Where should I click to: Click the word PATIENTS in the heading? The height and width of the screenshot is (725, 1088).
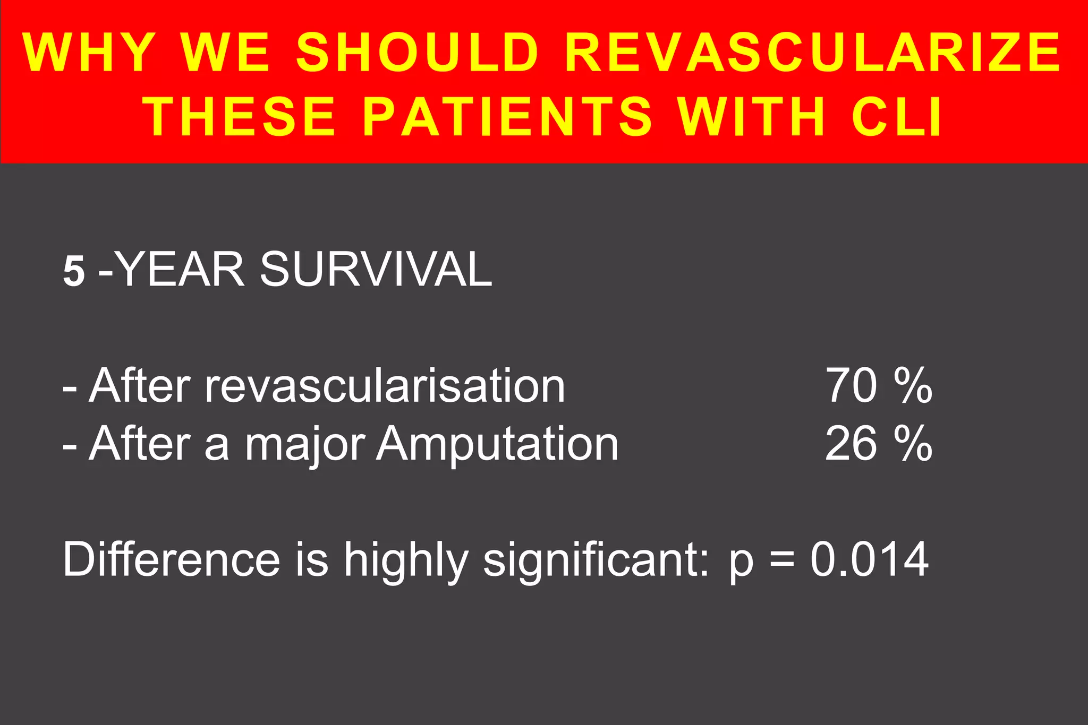[x=507, y=116]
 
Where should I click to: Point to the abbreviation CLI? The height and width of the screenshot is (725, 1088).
[x=897, y=116]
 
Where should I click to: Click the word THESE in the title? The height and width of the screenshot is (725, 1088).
[x=241, y=116]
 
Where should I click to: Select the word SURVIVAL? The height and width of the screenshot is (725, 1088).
[x=376, y=270]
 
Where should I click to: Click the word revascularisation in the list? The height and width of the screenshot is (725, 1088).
[x=385, y=386]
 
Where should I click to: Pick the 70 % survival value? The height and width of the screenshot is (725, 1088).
[x=879, y=386]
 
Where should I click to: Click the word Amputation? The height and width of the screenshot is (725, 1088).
[x=497, y=445]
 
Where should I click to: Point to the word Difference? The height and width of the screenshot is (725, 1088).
[x=171, y=559]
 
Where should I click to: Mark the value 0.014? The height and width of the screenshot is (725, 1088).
[x=870, y=559]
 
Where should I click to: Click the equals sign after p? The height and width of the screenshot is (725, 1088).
[x=781, y=560]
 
